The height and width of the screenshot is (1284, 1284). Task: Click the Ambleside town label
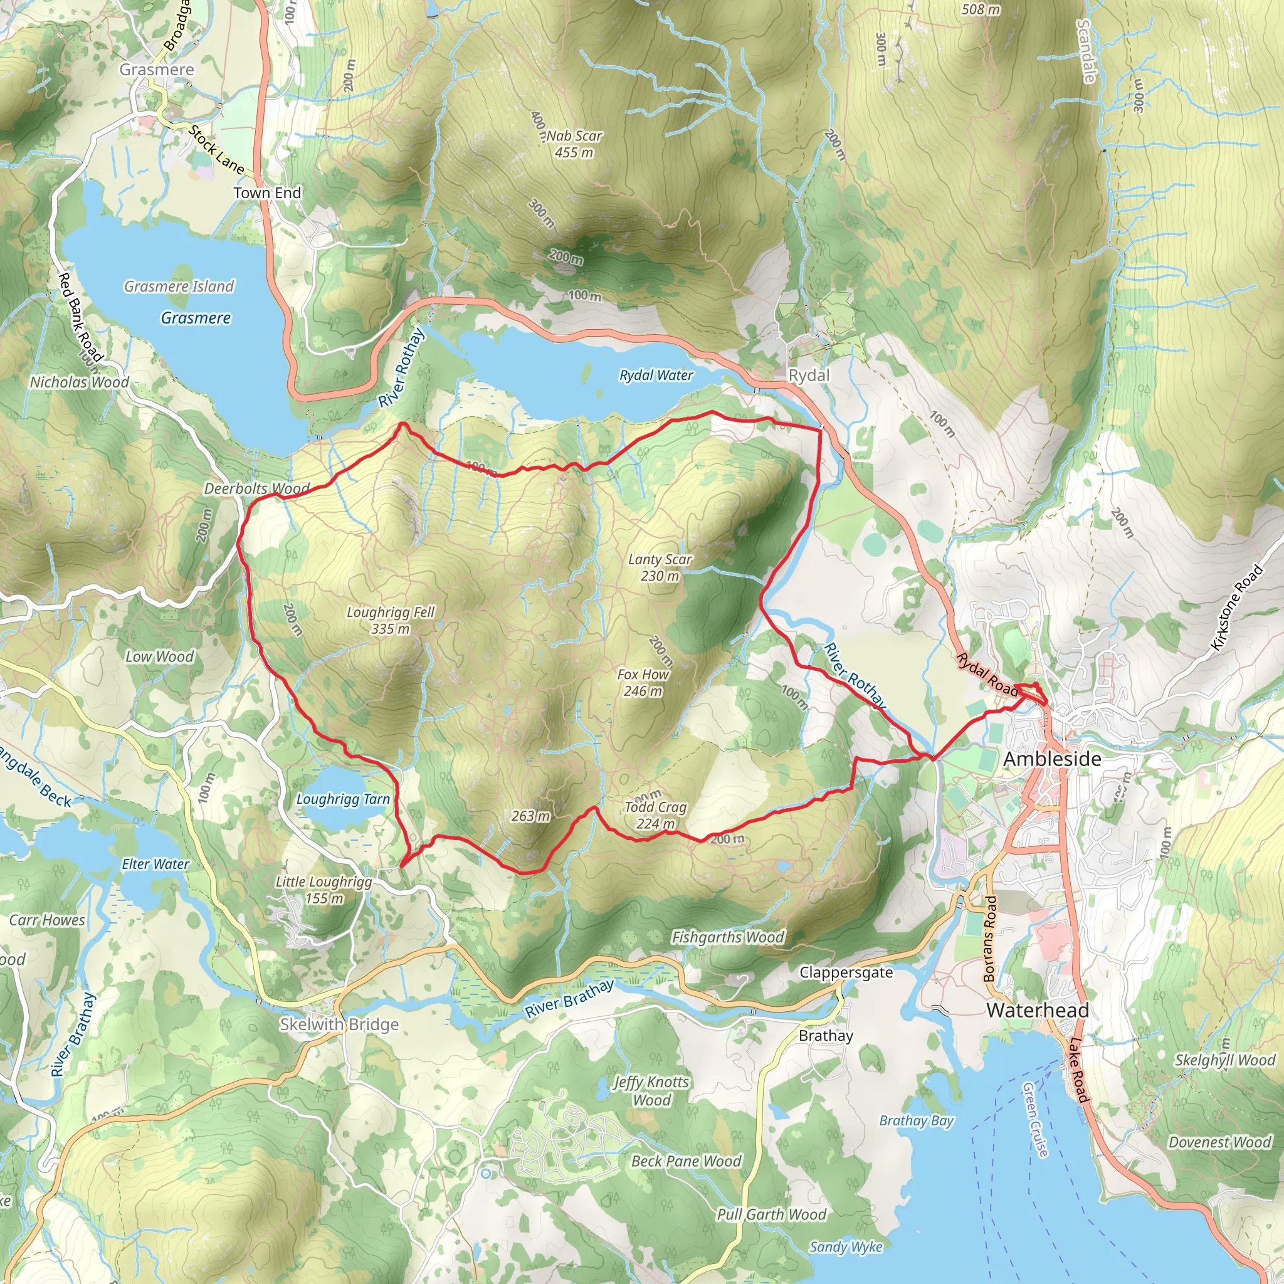[x=1051, y=759]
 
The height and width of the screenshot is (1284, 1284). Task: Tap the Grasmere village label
[x=157, y=70]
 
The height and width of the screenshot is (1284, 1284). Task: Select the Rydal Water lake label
[x=656, y=376]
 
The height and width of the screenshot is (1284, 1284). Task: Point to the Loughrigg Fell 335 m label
[x=390, y=620]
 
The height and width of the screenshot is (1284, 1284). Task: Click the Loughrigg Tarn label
[x=342, y=799]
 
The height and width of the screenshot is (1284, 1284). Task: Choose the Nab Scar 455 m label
[x=574, y=144]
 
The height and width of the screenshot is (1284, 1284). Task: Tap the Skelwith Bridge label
[x=339, y=1024]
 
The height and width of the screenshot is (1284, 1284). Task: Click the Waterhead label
[x=1038, y=1010]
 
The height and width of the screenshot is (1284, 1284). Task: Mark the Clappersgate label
[x=845, y=972]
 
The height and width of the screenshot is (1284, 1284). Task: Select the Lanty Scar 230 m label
[x=660, y=567]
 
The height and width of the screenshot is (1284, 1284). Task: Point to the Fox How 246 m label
[x=643, y=683]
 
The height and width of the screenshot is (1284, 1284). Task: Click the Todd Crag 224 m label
[x=655, y=815]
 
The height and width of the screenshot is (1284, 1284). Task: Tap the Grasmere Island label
[x=179, y=287]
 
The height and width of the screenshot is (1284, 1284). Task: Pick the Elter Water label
[x=155, y=864]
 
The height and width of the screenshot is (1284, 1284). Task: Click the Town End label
[x=267, y=192]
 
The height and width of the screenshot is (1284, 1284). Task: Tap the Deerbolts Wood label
[x=256, y=488]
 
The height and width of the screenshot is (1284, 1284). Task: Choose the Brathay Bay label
[x=916, y=1120]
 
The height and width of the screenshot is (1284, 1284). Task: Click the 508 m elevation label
[x=981, y=9]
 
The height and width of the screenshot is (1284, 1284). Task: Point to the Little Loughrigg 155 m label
[x=324, y=890]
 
